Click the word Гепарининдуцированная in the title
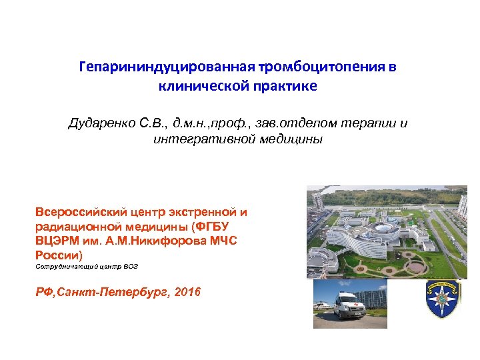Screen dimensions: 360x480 [x=163, y=68]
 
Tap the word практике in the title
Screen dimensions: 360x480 [x=290, y=86]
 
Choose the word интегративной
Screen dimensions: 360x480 [x=195, y=139]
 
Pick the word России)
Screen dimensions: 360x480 [x=58, y=255]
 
